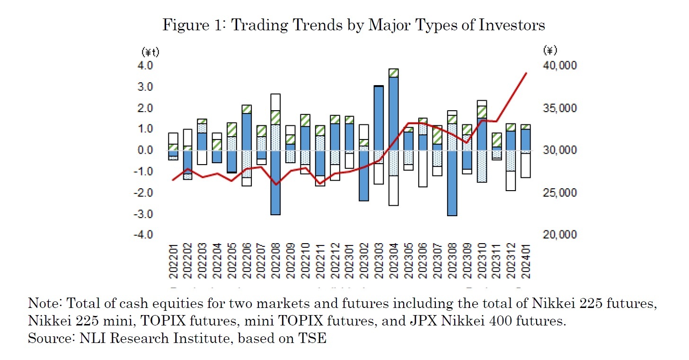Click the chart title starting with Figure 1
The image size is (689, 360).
click(353, 25)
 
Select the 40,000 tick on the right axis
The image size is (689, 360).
click(559, 65)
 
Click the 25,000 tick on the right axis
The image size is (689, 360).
click(559, 193)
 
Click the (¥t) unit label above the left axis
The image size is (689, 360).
click(150, 52)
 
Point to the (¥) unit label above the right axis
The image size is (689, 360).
click(550, 50)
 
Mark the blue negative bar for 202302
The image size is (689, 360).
click(364, 176)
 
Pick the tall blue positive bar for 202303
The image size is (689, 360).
click(379, 118)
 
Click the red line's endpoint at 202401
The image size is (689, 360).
click(527, 73)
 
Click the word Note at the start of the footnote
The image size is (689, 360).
click(42, 303)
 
